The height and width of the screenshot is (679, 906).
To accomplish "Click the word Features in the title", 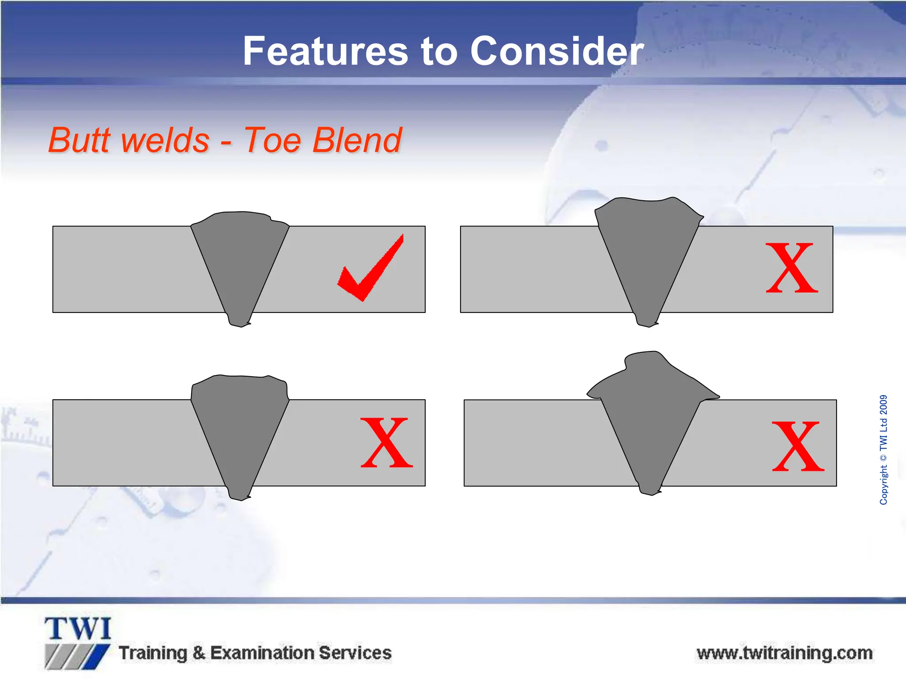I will [325, 52].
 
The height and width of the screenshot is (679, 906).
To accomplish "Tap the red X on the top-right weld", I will [792, 268].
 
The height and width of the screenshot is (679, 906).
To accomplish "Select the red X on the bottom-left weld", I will [387, 443].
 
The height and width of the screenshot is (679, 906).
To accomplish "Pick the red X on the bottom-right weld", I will [798, 446].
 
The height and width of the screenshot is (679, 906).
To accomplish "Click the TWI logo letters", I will [78, 629].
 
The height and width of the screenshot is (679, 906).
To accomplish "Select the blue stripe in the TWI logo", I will [97, 657].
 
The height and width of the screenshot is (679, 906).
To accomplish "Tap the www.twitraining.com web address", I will [784, 653].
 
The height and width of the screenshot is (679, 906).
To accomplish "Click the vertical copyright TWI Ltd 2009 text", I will [883, 450].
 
